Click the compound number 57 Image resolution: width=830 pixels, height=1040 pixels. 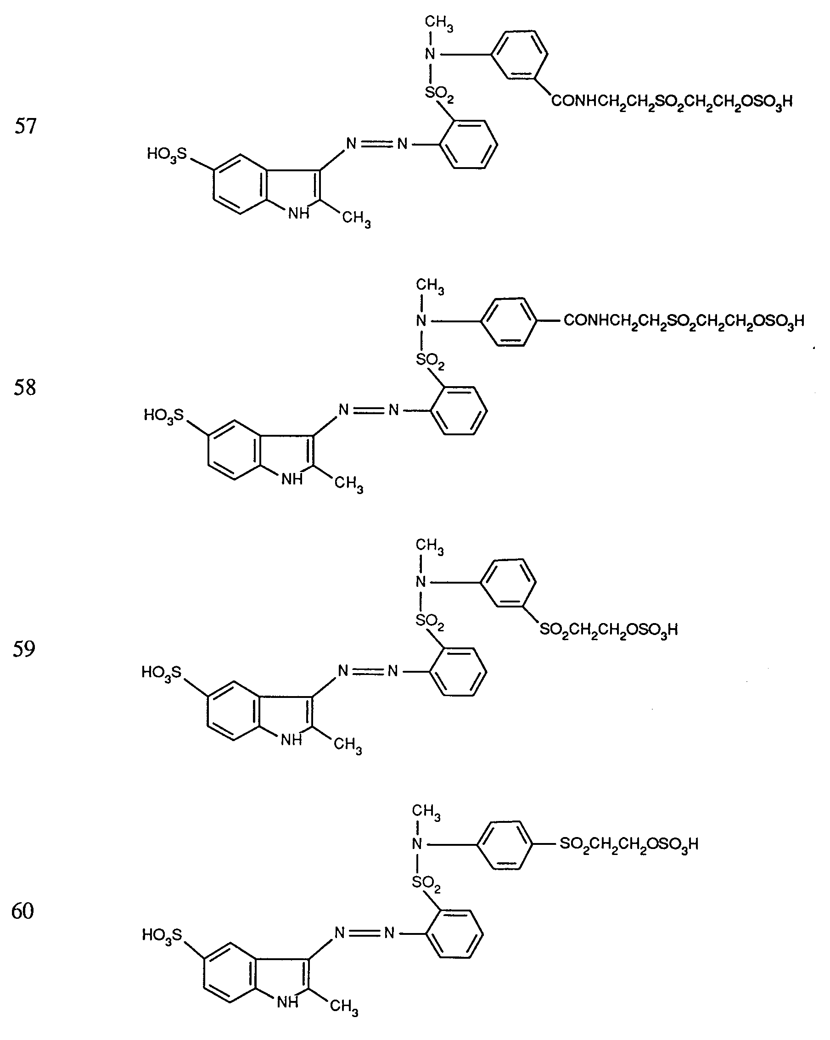point(26,126)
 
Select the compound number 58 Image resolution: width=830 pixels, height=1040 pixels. point(25,388)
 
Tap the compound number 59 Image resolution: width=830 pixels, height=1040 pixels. point(23,649)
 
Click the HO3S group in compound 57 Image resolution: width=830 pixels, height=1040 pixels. point(166,155)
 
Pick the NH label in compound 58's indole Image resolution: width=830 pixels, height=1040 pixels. point(292,479)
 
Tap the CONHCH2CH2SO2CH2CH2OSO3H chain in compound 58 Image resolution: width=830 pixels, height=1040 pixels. point(684,321)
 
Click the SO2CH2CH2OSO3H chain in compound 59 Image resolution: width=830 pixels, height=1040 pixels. point(609,630)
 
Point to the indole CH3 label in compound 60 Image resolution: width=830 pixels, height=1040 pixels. point(344,1006)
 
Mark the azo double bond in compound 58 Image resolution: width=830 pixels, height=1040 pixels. point(369,410)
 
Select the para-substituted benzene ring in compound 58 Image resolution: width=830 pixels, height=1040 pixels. point(508,321)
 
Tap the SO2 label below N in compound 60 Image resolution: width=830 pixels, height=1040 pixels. point(426,883)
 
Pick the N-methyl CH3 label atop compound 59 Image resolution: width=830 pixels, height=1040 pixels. point(429,546)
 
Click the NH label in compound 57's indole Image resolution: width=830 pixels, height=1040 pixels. point(298,213)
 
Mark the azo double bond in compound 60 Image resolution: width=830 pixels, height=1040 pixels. point(365,933)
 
